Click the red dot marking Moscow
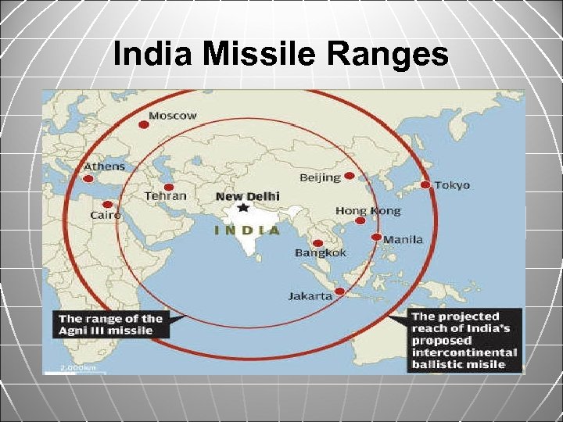(x=143, y=123)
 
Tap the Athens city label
(x=105, y=166)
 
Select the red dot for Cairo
(x=107, y=204)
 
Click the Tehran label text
(x=165, y=195)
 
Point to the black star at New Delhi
(x=243, y=208)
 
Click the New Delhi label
(x=248, y=196)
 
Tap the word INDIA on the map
(x=247, y=230)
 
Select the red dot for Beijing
(x=349, y=176)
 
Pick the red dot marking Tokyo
(x=425, y=185)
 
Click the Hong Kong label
(x=368, y=210)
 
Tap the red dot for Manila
(x=376, y=237)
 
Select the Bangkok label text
(x=320, y=252)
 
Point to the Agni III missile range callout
(x=110, y=324)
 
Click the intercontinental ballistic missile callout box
(x=464, y=340)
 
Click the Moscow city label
(x=173, y=116)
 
